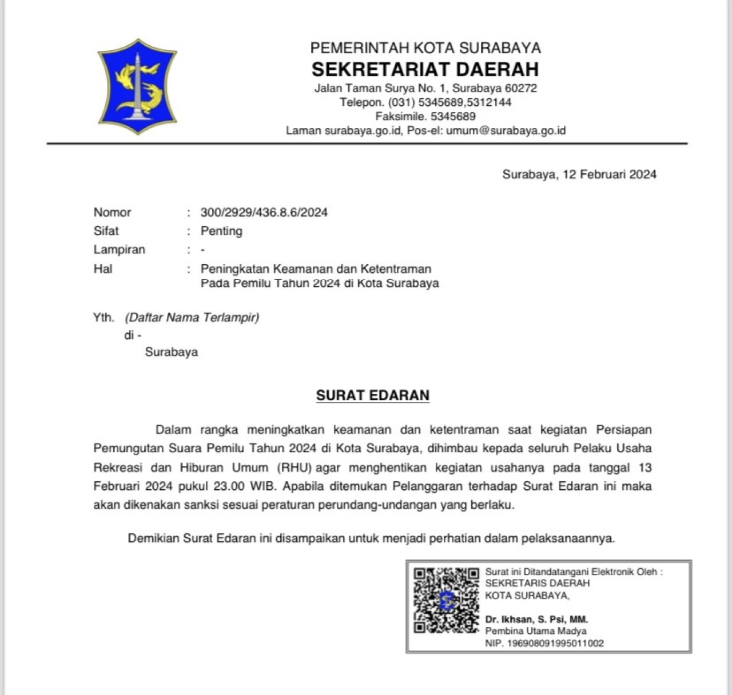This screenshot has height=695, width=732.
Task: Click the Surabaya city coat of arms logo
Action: tap(137, 86)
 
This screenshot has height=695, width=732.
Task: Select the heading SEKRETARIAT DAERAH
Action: tap(425, 69)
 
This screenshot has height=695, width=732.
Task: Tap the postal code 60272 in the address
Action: tap(520, 89)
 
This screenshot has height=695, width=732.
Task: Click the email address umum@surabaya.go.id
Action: tap(506, 130)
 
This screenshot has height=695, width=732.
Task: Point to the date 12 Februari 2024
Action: tap(610, 174)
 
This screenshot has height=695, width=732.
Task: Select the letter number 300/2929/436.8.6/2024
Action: tap(264, 213)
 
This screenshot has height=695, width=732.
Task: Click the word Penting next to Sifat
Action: tap(221, 231)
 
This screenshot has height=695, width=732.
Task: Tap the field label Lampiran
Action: tap(119, 250)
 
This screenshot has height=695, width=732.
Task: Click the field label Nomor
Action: tap(112, 213)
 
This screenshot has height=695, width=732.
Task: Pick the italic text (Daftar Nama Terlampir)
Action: tap(192, 317)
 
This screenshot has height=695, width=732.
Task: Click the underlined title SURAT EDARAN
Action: tap(372, 396)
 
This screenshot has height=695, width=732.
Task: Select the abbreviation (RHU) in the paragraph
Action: tap(294, 468)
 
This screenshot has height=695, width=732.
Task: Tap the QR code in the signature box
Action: tap(446, 600)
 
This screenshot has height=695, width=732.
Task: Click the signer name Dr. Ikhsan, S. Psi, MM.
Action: tap(536, 619)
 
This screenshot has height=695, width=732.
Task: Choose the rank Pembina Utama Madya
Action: tap(536, 631)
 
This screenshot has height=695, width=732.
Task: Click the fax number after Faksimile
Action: tap(453, 117)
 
